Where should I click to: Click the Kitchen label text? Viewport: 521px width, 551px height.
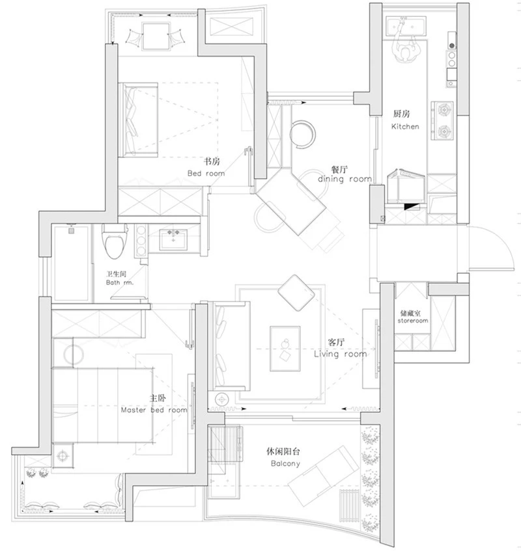point(405,126)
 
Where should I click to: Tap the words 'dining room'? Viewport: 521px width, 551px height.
point(345,179)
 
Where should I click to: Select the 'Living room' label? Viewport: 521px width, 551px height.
point(340,354)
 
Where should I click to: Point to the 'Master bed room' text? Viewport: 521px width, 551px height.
point(154,410)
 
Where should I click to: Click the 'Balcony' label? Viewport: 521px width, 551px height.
point(285,463)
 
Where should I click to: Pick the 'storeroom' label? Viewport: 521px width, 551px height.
point(413,321)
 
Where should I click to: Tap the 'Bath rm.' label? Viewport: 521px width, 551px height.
point(120,282)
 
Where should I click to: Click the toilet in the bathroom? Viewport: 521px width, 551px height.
point(115,241)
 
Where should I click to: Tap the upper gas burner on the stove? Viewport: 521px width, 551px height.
point(444,110)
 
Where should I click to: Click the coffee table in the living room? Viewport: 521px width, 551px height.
point(285,348)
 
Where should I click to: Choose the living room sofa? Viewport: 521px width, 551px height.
point(229,346)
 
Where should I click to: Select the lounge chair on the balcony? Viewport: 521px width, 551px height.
point(323,476)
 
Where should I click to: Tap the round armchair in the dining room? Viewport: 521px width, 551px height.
point(303,134)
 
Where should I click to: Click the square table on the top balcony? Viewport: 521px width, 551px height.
point(156,36)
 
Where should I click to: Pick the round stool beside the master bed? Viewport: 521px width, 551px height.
point(74,355)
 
